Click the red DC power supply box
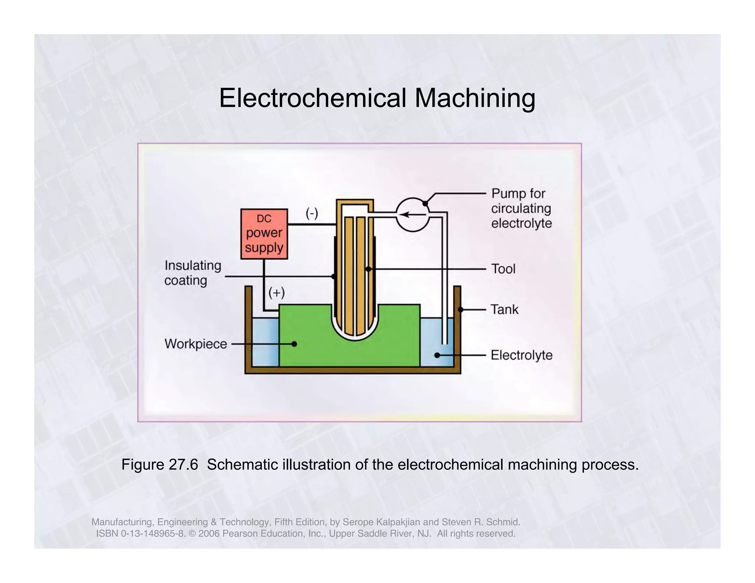(264, 234)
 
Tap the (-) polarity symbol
(312, 213)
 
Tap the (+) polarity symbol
(276, 293)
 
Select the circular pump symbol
(413, 214)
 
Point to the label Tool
(503, 269)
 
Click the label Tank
(504, 310)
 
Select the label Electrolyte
(521, 355)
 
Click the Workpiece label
(196, 344)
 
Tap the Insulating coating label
(192, 273)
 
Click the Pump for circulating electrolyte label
(521, 209)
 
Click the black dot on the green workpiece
(294, 344)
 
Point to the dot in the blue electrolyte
(437, 355)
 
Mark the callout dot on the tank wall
(460, 310)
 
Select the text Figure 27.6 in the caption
(160, 465)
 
